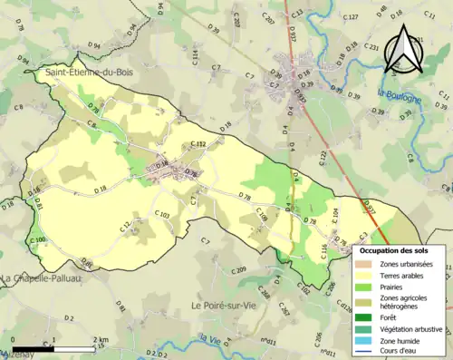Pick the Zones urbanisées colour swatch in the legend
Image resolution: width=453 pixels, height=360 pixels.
(364, 264)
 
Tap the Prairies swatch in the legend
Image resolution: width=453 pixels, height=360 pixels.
(364, 287)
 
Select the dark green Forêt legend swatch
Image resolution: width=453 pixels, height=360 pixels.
(364, 316)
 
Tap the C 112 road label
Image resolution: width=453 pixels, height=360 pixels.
(199, 144)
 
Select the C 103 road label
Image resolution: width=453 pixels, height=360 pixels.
(162, 214)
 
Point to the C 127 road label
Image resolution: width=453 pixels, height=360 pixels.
(352, 17)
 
